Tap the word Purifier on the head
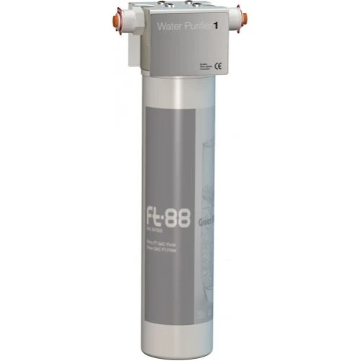[204, 27]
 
